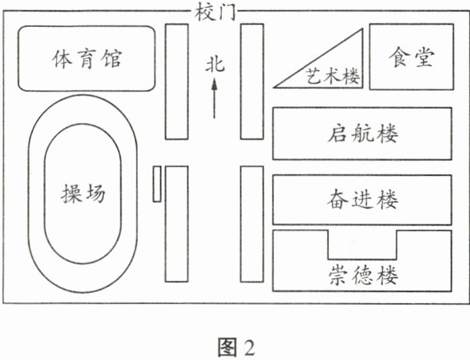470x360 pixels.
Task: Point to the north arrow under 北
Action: pos(214,98)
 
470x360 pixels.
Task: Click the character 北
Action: pos(214,65)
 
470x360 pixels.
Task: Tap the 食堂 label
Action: pos(410,57)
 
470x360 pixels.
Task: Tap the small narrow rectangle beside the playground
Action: pos(156,183)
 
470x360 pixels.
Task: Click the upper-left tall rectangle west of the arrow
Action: pos(177,81)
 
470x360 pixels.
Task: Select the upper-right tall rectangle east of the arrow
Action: pos(252,81)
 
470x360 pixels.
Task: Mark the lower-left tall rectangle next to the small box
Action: pos(177,224)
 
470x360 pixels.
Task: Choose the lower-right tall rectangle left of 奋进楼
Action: pos(252,224)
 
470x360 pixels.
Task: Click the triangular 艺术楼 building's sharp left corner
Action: pos(277,85)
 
